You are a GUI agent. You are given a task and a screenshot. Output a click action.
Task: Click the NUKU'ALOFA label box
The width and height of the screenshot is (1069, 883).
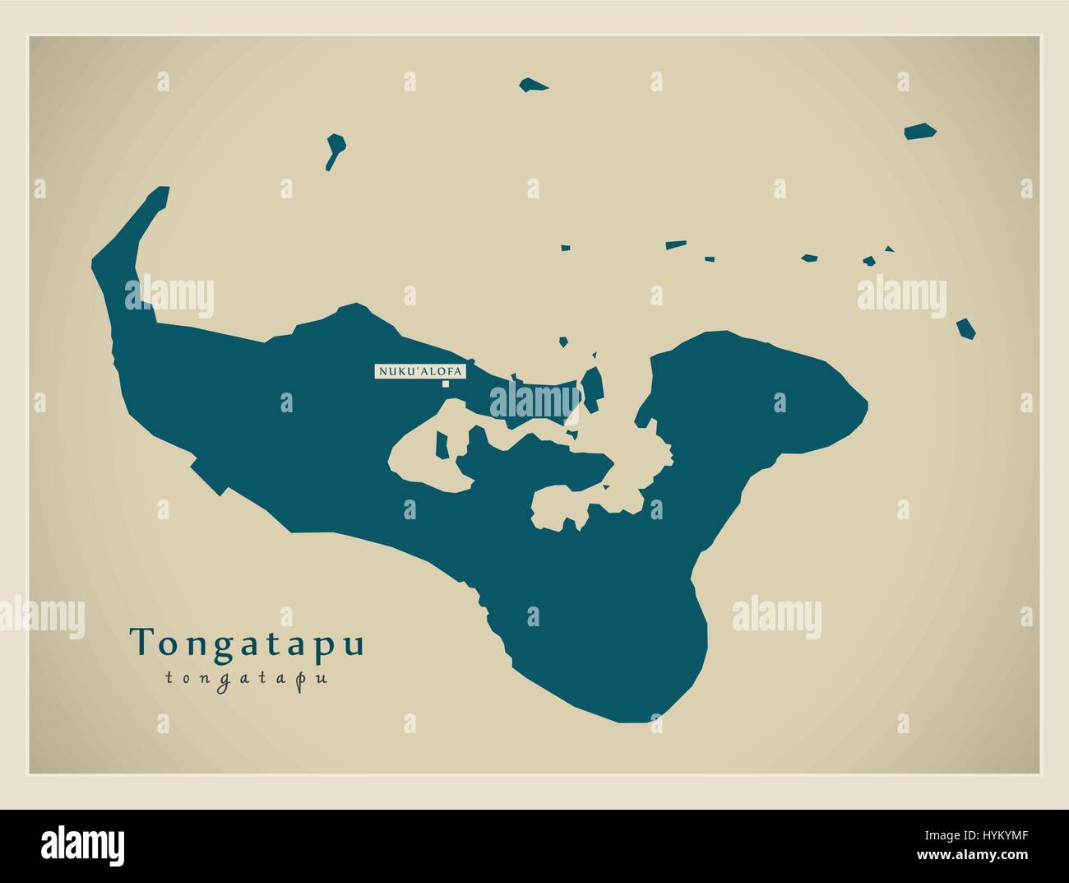[x=419, y=372]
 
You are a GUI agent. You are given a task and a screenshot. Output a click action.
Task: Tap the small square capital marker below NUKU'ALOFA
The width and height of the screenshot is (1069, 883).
[x=446, y=383]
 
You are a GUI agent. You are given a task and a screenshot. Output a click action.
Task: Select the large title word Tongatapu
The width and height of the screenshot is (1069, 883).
[x=247, y=643]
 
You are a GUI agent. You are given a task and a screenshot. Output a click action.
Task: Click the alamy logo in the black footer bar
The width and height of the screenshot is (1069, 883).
[x=82, y=845]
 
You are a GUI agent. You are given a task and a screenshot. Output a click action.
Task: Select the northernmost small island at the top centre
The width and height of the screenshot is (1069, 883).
[x=534, y=84]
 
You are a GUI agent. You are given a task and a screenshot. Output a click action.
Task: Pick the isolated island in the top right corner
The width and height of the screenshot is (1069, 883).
[x=920, y=131]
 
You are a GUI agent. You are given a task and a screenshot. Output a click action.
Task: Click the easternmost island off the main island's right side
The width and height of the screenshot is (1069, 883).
[x=965, y=328]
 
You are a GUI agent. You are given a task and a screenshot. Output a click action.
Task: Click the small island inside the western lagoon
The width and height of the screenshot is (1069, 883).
[x=442, y=445]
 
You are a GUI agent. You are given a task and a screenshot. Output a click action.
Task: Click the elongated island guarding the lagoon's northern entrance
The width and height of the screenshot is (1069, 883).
[x=592, y=385]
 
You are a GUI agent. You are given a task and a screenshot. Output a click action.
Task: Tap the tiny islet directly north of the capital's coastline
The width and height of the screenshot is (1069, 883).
[x=563, y=342]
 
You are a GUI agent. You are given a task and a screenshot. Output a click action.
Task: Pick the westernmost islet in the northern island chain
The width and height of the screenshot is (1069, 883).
[x=565, y=246]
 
